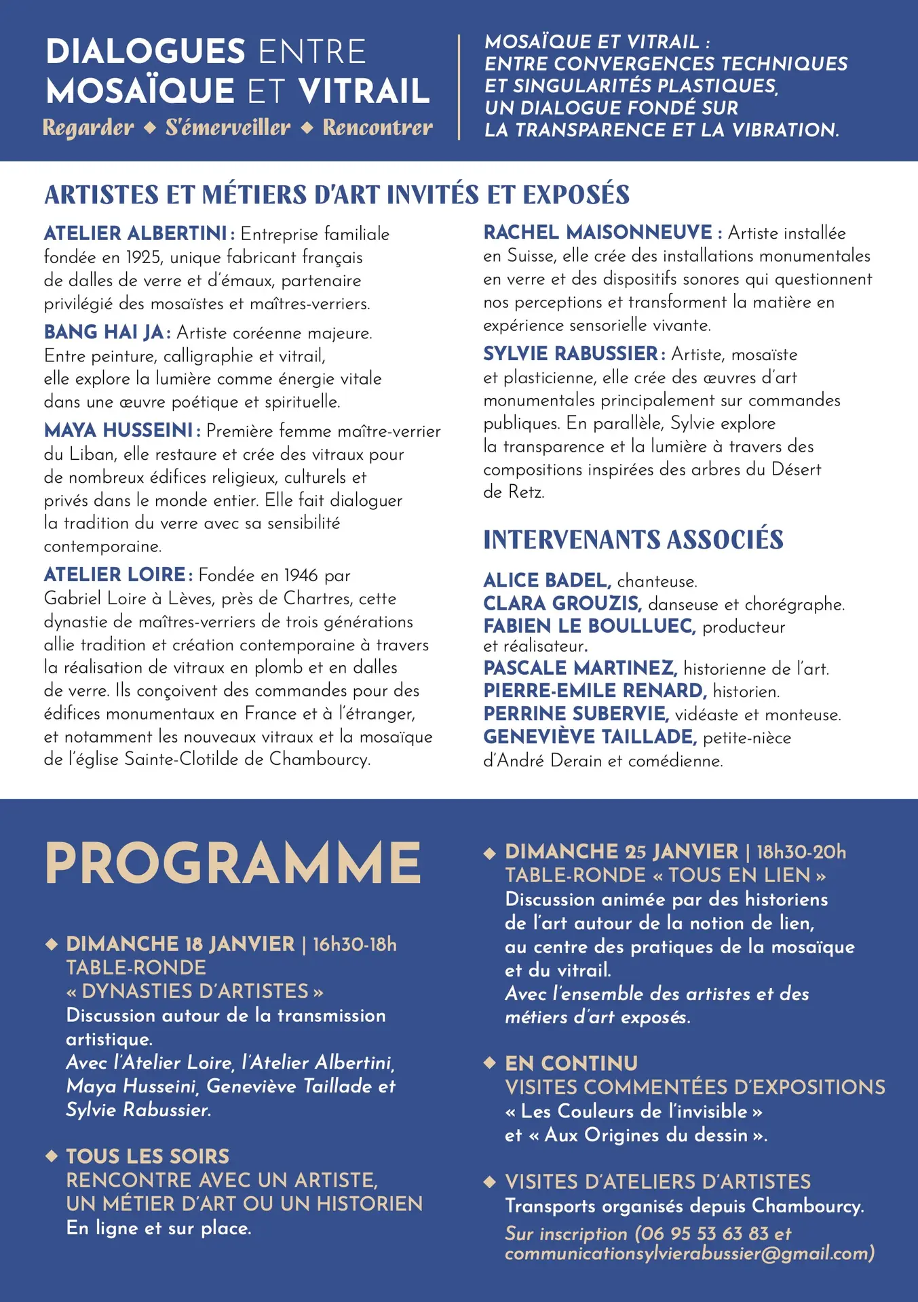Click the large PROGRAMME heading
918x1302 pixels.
233,863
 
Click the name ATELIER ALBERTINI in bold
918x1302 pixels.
135,234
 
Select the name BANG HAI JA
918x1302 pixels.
104,332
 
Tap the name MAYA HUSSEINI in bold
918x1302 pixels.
119,431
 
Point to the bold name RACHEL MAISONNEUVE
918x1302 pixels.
598,233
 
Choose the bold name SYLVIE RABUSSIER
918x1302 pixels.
571,354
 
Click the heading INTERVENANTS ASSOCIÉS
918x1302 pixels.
633,540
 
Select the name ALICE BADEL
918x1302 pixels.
546,580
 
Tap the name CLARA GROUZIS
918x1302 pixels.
562,604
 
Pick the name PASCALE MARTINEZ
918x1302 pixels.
579,668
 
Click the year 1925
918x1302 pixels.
143,258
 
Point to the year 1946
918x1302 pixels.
301,576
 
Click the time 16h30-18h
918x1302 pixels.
354,944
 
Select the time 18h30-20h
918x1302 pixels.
801,852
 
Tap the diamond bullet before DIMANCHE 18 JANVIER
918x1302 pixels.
51,944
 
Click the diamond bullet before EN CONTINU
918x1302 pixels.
489,1063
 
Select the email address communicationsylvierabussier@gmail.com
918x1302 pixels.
689,1253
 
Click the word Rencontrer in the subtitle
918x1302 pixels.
377,127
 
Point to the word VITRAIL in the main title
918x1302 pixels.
364,91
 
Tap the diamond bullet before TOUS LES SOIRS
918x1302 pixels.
51,1156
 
